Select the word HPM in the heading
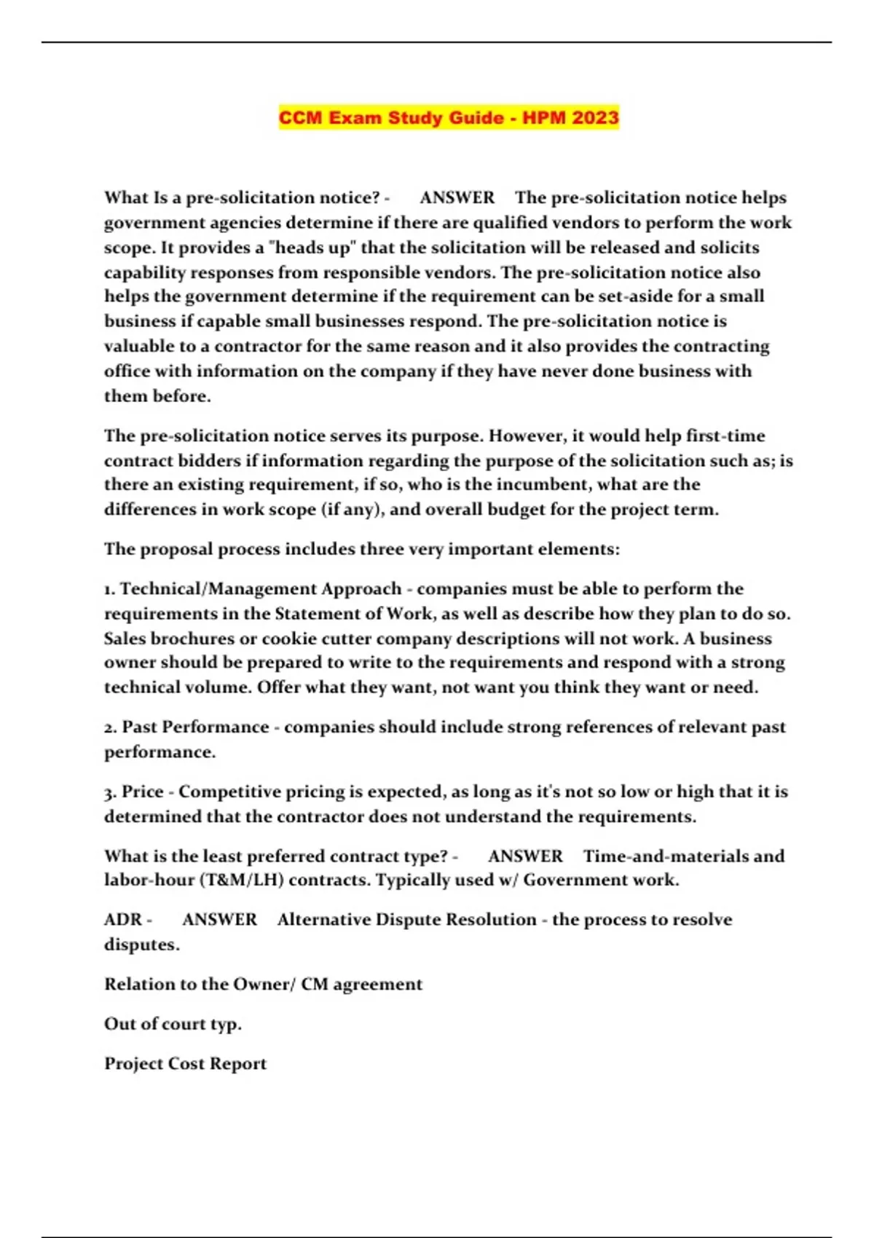coord(540,118)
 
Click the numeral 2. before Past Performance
coord(111,727)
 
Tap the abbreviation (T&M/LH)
coord(240,880)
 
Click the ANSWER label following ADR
coord(219,919)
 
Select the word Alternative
coord(323,919)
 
